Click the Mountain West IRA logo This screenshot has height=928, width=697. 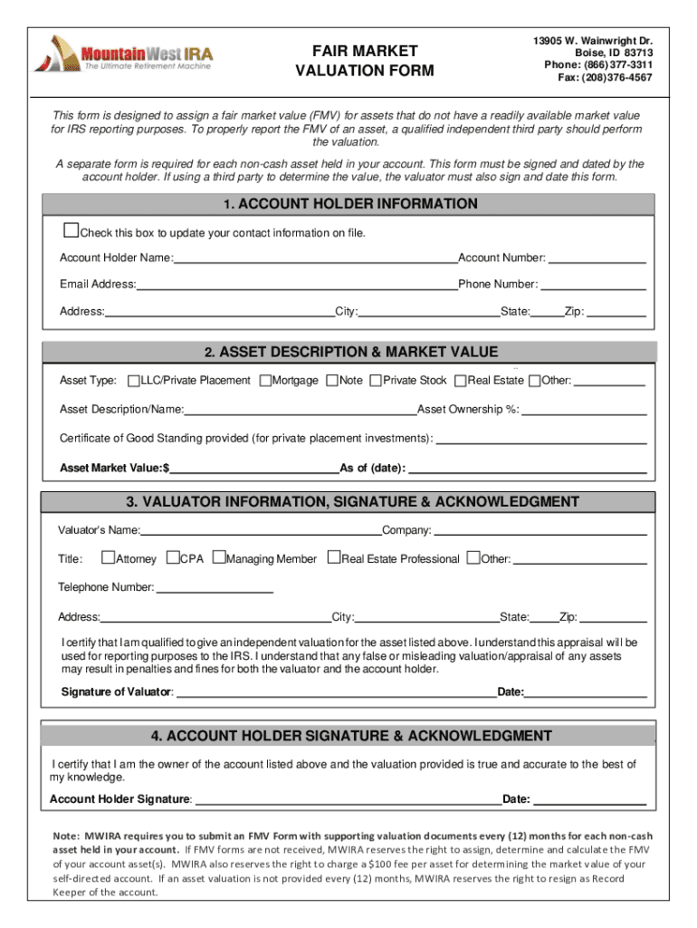point(123,53)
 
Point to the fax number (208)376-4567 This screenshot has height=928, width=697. point(605,78)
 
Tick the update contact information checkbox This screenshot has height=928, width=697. point(71,230)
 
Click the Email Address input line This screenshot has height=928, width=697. point(297,285)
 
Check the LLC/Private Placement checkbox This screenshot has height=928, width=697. point(134,381)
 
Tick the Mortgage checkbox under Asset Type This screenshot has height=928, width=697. point(265,381)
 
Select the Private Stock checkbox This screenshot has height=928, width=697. point(376,381)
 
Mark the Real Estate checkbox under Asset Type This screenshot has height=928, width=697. point(461,381)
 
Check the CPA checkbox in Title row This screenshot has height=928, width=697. point(173,558)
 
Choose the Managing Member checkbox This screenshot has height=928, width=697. point(218,558)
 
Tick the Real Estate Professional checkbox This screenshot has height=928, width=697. point(333,558)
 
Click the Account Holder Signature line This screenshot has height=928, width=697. point(348,800)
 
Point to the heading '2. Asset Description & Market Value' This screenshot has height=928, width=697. point(350,353)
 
